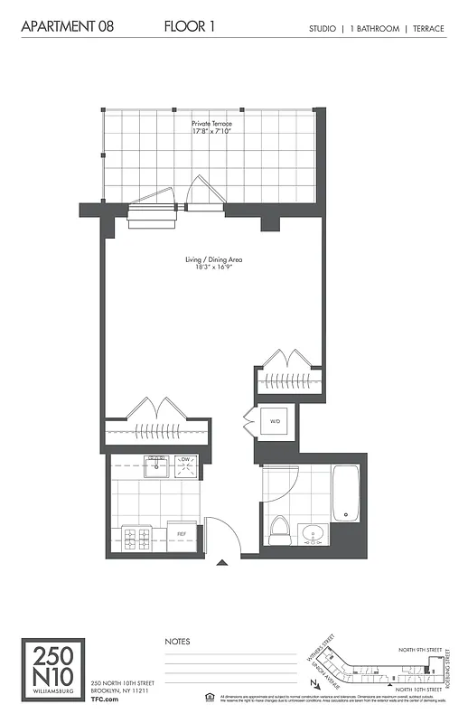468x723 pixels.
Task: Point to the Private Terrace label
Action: [211, 123]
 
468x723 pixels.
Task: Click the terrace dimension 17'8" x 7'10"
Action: [211, 132]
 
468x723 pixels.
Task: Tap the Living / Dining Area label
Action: [213, 260]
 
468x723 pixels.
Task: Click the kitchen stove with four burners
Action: [136, 539]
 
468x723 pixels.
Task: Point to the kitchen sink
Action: [155, 463]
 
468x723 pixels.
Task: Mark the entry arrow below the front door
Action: [221, 564]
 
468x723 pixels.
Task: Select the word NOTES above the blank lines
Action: [178, 641]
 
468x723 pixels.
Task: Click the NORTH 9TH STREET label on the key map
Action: [421, 649]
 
